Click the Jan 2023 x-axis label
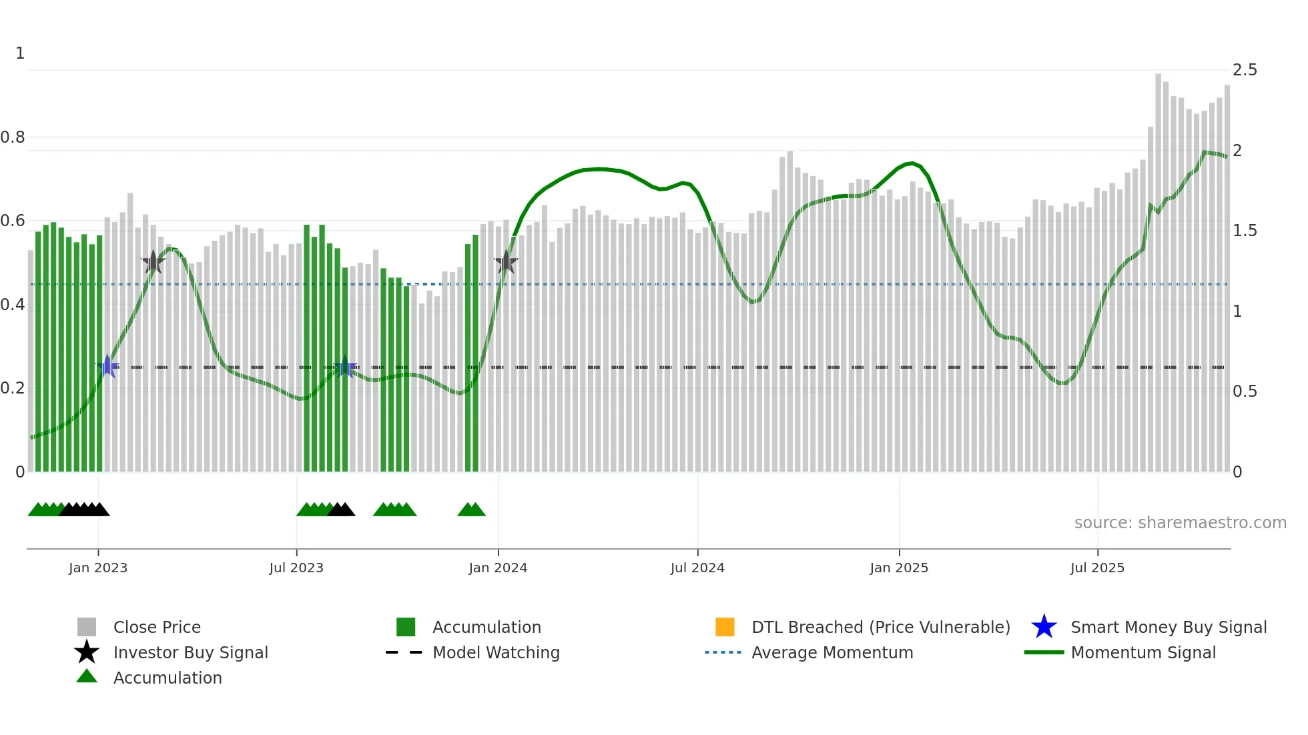pyautogui.click(x=97, y=568)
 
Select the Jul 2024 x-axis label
pyautogui.click(x=697, y=568)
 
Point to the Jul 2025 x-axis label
pyautogui.click(x=1097, y=568)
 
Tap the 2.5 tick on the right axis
pyautogui.click(x=1245, y=70)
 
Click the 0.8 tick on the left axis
pyautogui.click(x=13, y=137)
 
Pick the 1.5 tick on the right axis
pyautogui.click(x=1245, y=231)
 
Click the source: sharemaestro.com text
pyautogui.click(x=1180, y=522)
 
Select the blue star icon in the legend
pyautogui.click(x=1044, y=627)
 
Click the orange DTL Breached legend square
pyautogui.click(x=725, y=627)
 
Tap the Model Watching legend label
pyautogui.click(x=496, y=652)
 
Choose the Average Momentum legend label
pyautogui.click(x=832, y=652)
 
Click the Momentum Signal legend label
pyautogui.click(x=1143, y=652)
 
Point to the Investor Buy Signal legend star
pyautogui.click(x=87, y=652)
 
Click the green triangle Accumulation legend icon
pyautogui.click(x=87, y=677)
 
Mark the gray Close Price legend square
pyautogui.click(x=87, y=627)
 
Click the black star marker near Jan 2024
pyautogui.click(x=506, y=262)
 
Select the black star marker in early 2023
pyautogui.click(x=153, y=262)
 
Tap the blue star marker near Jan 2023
pyautogui.click(x=107, y=366)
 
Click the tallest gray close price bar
pyautogui.click(x=1159, y=267)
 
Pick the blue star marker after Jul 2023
pyautogui.click(x=345, y=367)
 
